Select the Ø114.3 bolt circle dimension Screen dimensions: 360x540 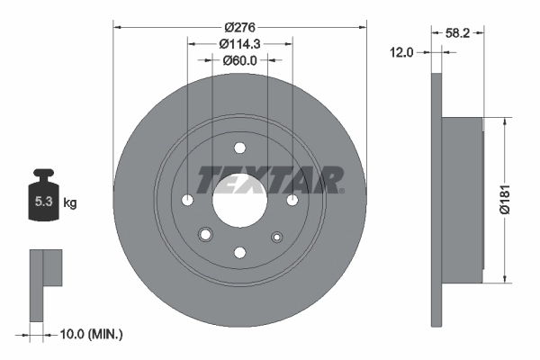(238, 42)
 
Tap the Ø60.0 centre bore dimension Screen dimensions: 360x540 (239, 60)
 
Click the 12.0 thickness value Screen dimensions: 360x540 (402, 52)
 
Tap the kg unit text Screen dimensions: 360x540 (69, 203)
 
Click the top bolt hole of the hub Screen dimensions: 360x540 (239, 148)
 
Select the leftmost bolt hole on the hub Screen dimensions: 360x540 (187, 200)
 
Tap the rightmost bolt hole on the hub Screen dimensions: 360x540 (292, 200)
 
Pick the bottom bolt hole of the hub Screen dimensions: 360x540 (239, 252)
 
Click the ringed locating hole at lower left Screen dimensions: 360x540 (205, 236)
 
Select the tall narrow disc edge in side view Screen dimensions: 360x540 (438, 198)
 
